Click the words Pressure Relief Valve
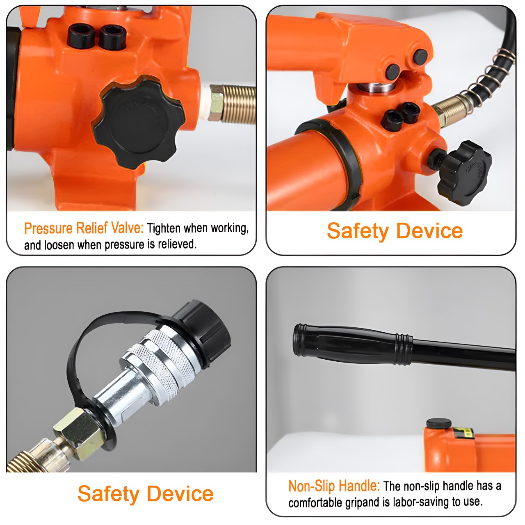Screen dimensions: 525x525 (84, 228)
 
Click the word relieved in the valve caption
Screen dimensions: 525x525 (177, 244)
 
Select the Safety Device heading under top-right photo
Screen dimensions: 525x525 (395, 231)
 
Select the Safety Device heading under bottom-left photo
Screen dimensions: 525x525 (146, 493)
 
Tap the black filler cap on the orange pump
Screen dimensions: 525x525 (438, 424)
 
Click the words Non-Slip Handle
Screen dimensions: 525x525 (334, 486)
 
